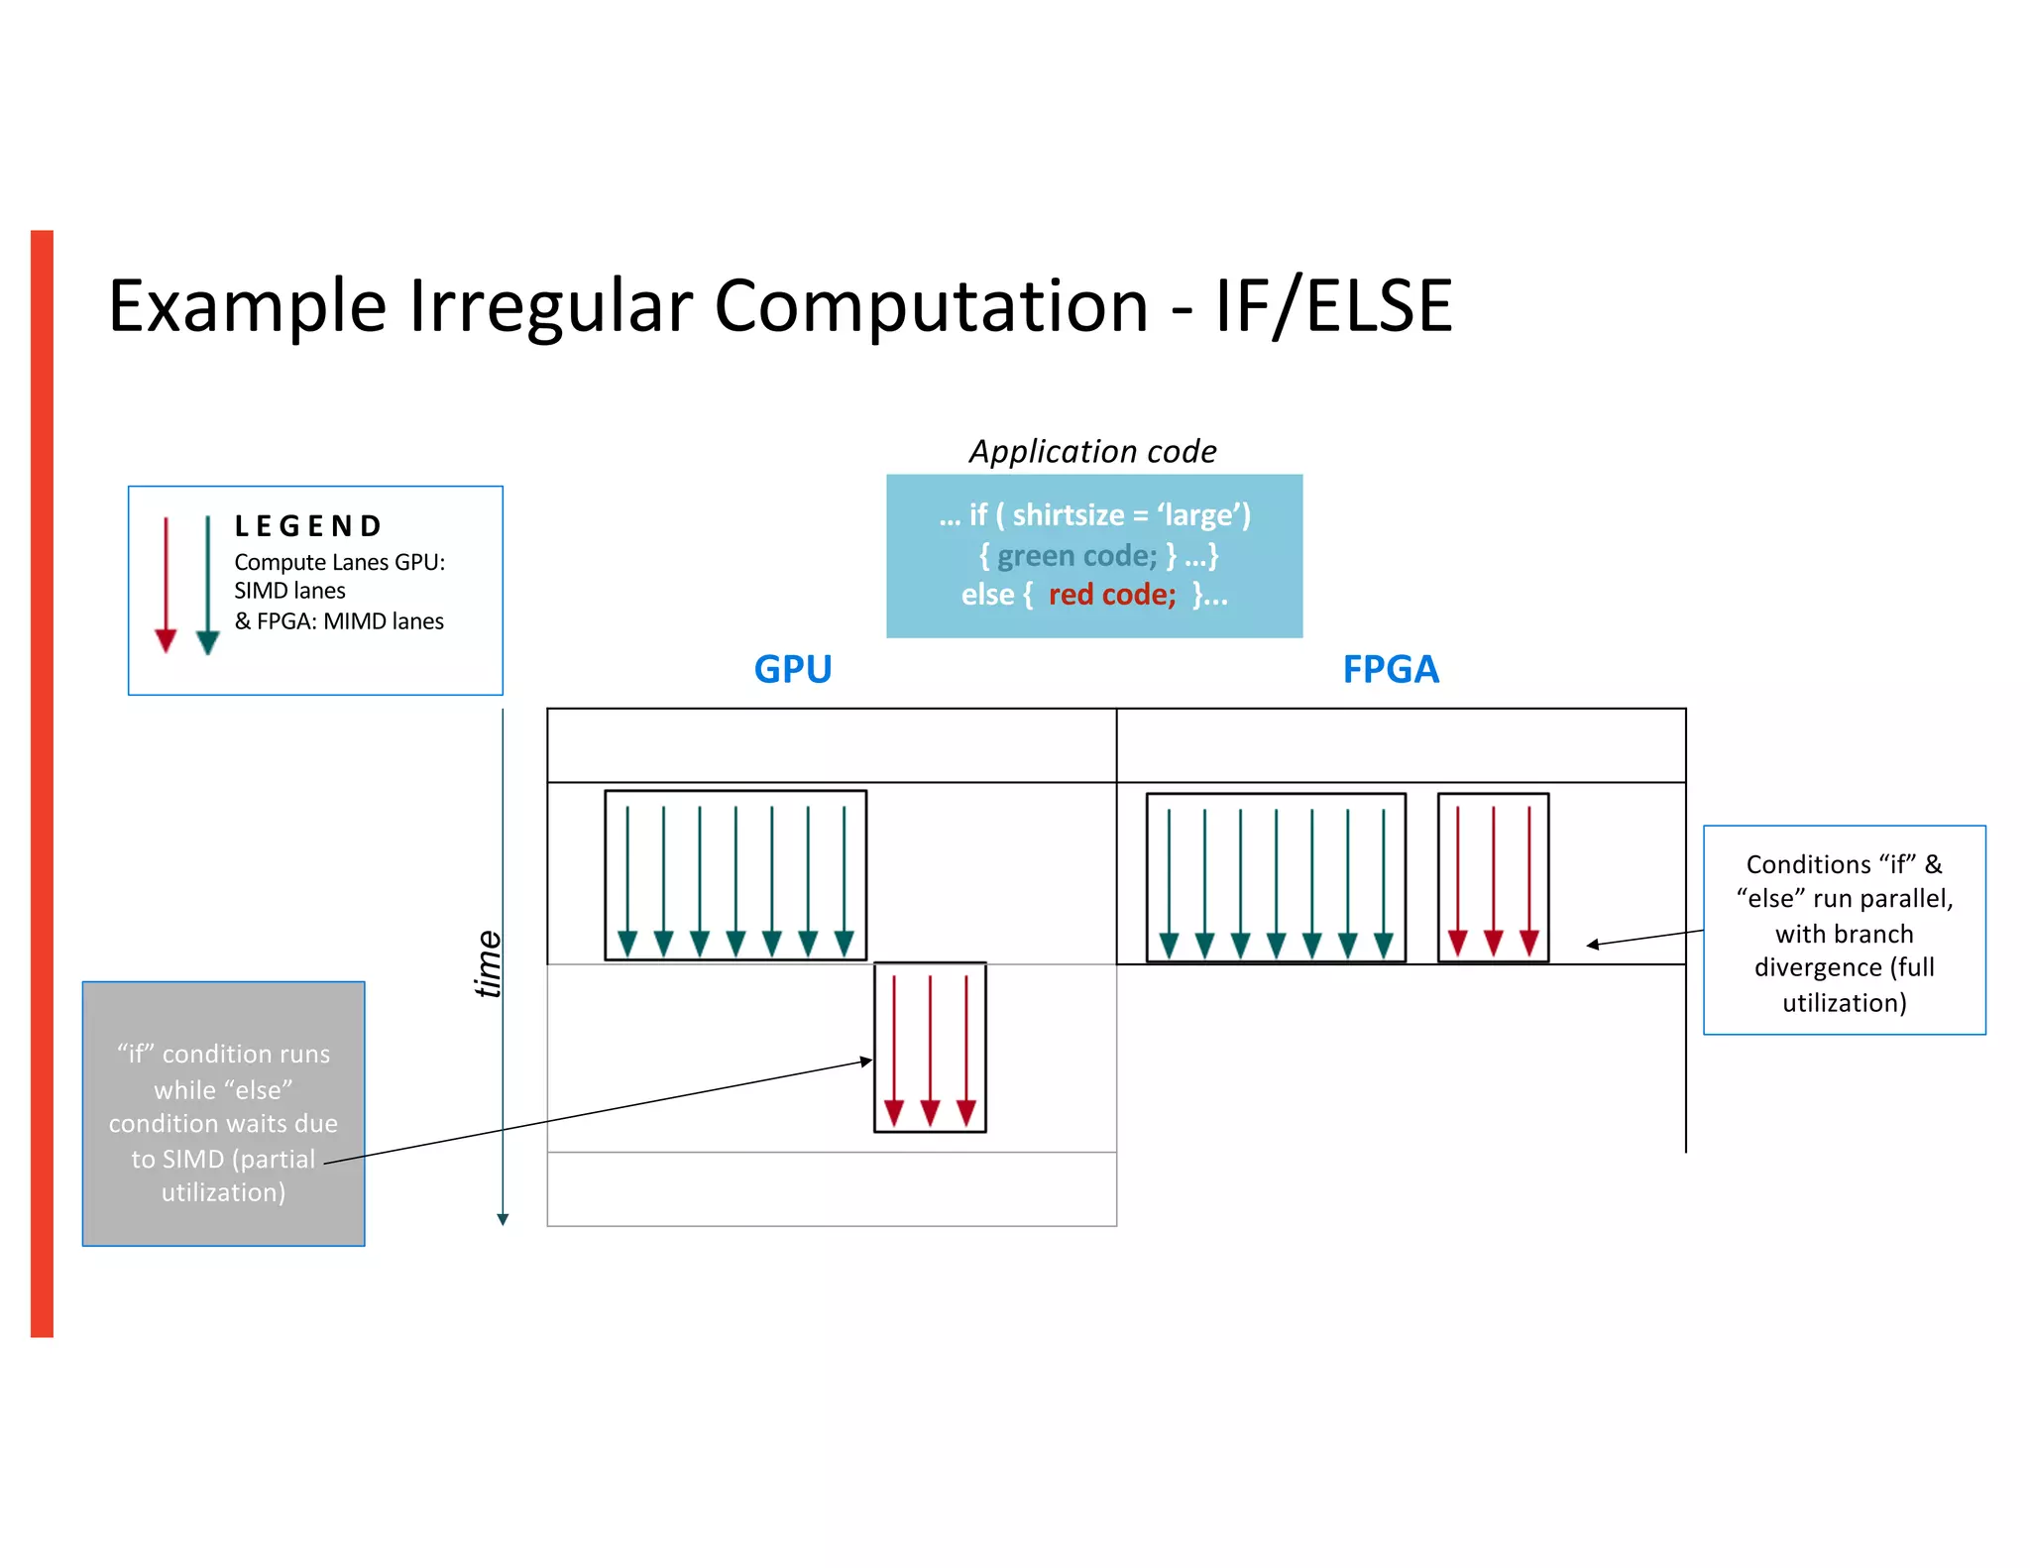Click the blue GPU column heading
pos(792,669)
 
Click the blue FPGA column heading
pos(1390,669)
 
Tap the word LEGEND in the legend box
pos(308,525)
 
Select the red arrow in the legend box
pos(166,585)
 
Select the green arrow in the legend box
pos(207,585)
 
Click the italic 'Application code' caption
pos(1092,451)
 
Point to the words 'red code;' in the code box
pos(1111,595)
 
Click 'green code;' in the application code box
pos(1076,555)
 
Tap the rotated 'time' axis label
pos(488,963)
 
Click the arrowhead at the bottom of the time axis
pos(503,1219)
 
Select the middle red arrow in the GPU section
pos(930,1051)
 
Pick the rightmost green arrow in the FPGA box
pos(1384,882)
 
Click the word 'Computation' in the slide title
pos(931,305)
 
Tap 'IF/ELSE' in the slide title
pos(1333,305)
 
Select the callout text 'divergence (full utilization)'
pos(1844,984)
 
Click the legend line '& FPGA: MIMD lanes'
pos(339,621)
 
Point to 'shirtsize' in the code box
pos(1068,514)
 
